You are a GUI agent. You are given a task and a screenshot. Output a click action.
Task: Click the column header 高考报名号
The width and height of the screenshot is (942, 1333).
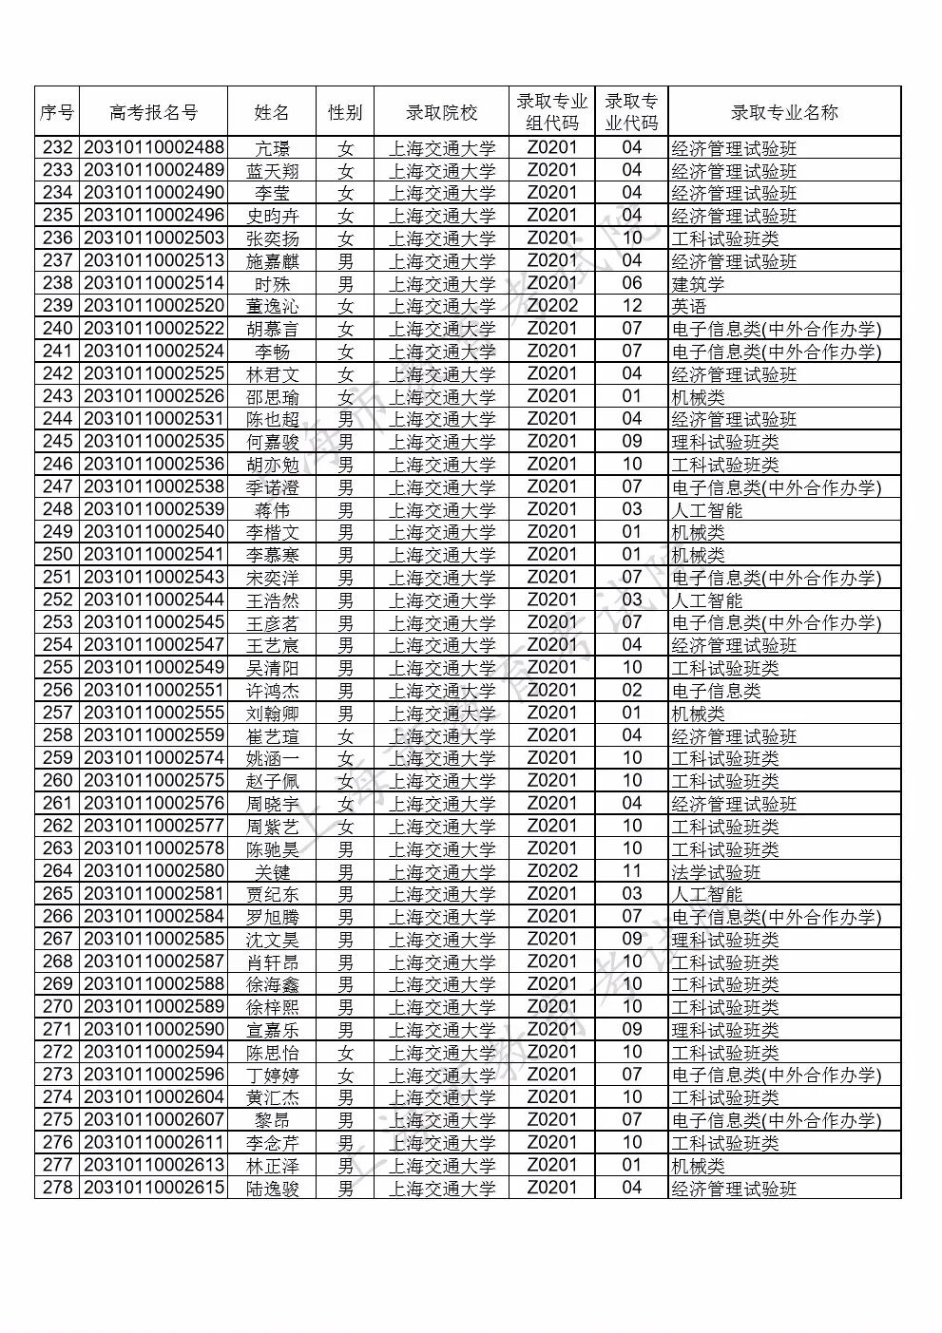pyautogui.click(x=154, y=112)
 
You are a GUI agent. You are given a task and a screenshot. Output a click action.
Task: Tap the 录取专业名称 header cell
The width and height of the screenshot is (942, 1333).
pyautogui.click(x=784, y=112)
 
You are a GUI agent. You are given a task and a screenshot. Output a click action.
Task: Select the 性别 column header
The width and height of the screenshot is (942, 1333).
pyautogui.click(x=345, y=112)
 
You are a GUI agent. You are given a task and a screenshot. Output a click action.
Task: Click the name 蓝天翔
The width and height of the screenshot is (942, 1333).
pyautogui.click(x=272, y=171)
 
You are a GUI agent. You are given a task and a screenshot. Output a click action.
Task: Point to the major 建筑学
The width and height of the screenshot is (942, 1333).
pyautogui.click(x=698, y=284)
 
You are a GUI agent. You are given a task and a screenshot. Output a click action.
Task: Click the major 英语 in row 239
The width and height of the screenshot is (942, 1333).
pyautogui.click(x=689, y=307)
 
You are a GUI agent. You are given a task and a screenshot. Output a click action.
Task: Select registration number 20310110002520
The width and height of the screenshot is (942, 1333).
pyautogui.click(x=154, y=306)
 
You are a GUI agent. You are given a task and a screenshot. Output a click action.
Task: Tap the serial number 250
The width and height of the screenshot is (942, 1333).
pyautogui.click(x=58, y=555)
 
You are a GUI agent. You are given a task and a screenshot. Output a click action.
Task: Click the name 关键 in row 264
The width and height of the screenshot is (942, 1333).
pyautogui.click(x=272, y=872)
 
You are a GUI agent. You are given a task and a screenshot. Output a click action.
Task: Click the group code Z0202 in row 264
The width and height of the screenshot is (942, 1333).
pyautogui.click(x=552, y=871)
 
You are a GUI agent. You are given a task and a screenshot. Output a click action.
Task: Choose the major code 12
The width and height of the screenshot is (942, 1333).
pyautogui.click(x=632, y=306)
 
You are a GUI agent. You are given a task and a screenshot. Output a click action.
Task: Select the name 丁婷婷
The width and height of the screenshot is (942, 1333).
pyautogui.click(x=272, y=1076)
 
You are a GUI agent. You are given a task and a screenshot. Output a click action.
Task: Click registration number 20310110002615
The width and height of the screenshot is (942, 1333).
pyautogui.click(x=154, y=1188)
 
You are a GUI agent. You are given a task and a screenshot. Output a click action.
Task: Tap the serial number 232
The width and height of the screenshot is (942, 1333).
pyautogui.click(x=58, y=147)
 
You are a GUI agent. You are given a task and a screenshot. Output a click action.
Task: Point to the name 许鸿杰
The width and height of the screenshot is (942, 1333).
pyautogui.click(x=272, y=691)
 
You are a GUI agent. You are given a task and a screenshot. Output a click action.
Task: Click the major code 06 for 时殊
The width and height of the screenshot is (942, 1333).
pyautogui.click(x=632, y=283)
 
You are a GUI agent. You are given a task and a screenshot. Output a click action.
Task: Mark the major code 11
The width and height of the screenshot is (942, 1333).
pyautogui.click(x=632, y=871)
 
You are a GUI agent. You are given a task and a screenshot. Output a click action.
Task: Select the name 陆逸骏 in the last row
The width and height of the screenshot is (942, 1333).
pyautogui.click(x=272, y=1189)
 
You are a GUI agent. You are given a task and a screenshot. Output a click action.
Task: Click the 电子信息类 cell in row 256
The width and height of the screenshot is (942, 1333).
pyautogui.click(x=716, y=691)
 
